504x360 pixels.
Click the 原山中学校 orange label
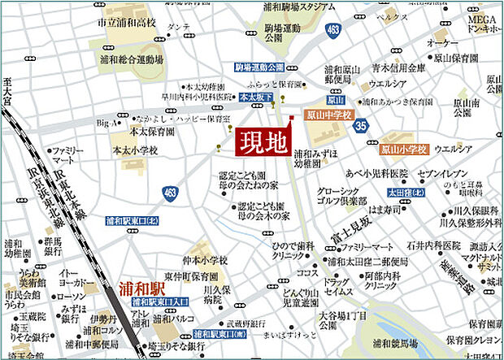click(329, 116)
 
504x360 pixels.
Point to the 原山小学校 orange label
click(404, 150)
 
